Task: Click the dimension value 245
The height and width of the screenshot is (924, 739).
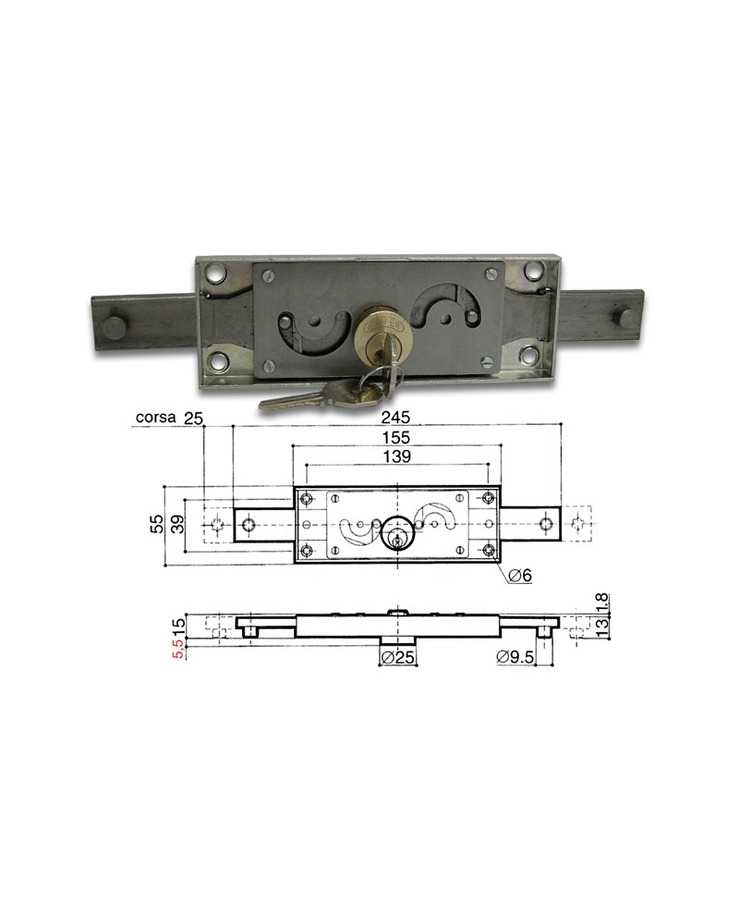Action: coord(395,418)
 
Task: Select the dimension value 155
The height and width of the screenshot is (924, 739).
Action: coord(396,437)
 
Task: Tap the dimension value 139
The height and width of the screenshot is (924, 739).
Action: coord(396,456)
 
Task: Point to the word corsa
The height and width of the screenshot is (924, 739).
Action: coord(155,418)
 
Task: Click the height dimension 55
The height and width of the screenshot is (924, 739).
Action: coord(157,523)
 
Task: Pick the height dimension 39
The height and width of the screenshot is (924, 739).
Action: coord(177,524)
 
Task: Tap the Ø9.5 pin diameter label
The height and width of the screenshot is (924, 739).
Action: coord(515,656)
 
